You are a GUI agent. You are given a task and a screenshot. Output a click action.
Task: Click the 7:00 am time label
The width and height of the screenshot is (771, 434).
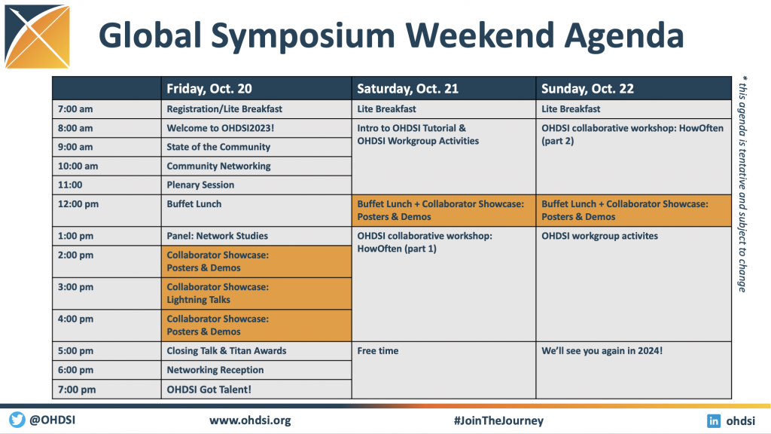[x=75, y=109]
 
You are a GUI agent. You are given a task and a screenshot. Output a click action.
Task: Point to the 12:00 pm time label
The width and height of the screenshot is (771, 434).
[x=78, y=204]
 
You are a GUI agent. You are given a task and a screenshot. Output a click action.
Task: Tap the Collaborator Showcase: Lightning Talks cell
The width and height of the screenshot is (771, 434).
[x=256, y=293]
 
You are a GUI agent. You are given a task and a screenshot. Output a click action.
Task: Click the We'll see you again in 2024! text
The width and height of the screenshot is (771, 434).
[x=602, y=351]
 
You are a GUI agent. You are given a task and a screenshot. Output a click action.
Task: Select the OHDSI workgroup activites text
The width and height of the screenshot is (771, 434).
[x=599, y=236]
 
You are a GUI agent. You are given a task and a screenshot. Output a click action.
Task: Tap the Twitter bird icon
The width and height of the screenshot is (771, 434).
[x=17, y=420]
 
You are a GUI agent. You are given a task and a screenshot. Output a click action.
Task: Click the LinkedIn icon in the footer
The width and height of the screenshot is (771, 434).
[x=714, y=420]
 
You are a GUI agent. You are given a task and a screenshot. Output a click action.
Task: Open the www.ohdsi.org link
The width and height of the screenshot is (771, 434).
[x=250, y=420]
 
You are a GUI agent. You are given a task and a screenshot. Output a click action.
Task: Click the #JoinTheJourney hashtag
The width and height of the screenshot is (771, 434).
[x=498, y=420]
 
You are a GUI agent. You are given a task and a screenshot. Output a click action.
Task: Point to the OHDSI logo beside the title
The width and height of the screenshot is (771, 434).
[x=38, y=37]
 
